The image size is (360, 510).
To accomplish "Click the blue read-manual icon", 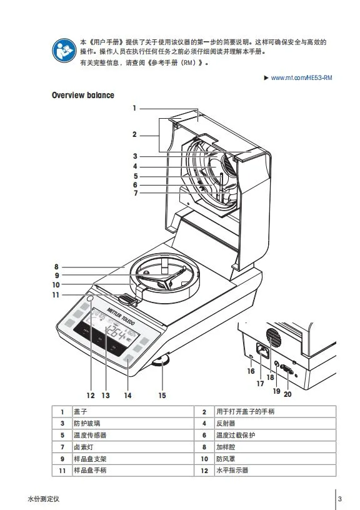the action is (x=64, y=51).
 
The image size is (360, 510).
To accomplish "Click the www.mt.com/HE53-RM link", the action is (x=301, y=77).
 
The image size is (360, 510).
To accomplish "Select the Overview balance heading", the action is (x=83, y=95).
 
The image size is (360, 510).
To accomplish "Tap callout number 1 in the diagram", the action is (x=134, y=108).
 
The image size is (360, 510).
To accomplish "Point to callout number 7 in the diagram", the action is (x=136, y=193).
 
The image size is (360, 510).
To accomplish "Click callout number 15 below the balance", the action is (x=162, y=396).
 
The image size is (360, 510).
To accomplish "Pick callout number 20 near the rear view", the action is (x=287, y=394).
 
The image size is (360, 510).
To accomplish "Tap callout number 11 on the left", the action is (x=56, y=295).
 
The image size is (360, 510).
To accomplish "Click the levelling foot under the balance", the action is (x=161, y=361).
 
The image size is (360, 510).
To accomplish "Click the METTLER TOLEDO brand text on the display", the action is (x=121, y=316).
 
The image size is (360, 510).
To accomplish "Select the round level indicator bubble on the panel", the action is (x=91, y=299).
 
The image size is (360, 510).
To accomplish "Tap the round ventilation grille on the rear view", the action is (x=274, y=337).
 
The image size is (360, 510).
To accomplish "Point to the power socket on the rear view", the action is (x=262, y=350).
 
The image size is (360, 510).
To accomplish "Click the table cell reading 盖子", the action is (x=81, y=412).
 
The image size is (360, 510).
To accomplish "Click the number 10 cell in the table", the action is (x=204, y=459).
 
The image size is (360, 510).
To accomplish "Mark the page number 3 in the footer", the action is (x=340, y=499).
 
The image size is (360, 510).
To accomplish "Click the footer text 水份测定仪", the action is (x=44, y=499).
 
